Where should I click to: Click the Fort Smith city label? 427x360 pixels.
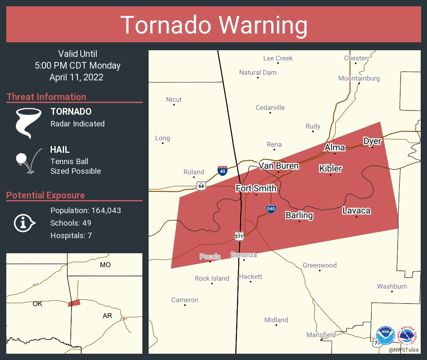(x=256, y=188)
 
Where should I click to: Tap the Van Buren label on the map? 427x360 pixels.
(x=278, y=166)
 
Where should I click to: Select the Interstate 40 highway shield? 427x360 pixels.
(x=223, y=170)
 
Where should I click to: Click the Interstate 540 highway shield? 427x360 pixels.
(x=271, y=208)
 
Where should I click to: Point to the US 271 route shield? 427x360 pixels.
(x=239, y=236)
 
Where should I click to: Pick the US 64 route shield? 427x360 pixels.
(x=201, y=186)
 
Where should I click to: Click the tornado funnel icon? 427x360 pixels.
(x=28, y=123)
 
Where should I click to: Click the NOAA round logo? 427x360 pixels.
(x=385, y=335)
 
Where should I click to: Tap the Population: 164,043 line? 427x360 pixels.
(x=85, y=210)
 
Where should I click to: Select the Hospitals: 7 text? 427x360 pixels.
(x=71, y=235)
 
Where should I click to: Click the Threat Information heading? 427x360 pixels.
(x=46, y=97)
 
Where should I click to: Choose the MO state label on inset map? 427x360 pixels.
(x=105, y=265)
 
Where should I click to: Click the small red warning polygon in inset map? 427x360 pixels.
(x=74, y=303)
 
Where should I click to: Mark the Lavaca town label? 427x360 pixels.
(x=356, y=211)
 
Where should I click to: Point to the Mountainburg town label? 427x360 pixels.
(x=359, y=78)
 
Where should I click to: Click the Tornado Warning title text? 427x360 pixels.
(x=213, y=25)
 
